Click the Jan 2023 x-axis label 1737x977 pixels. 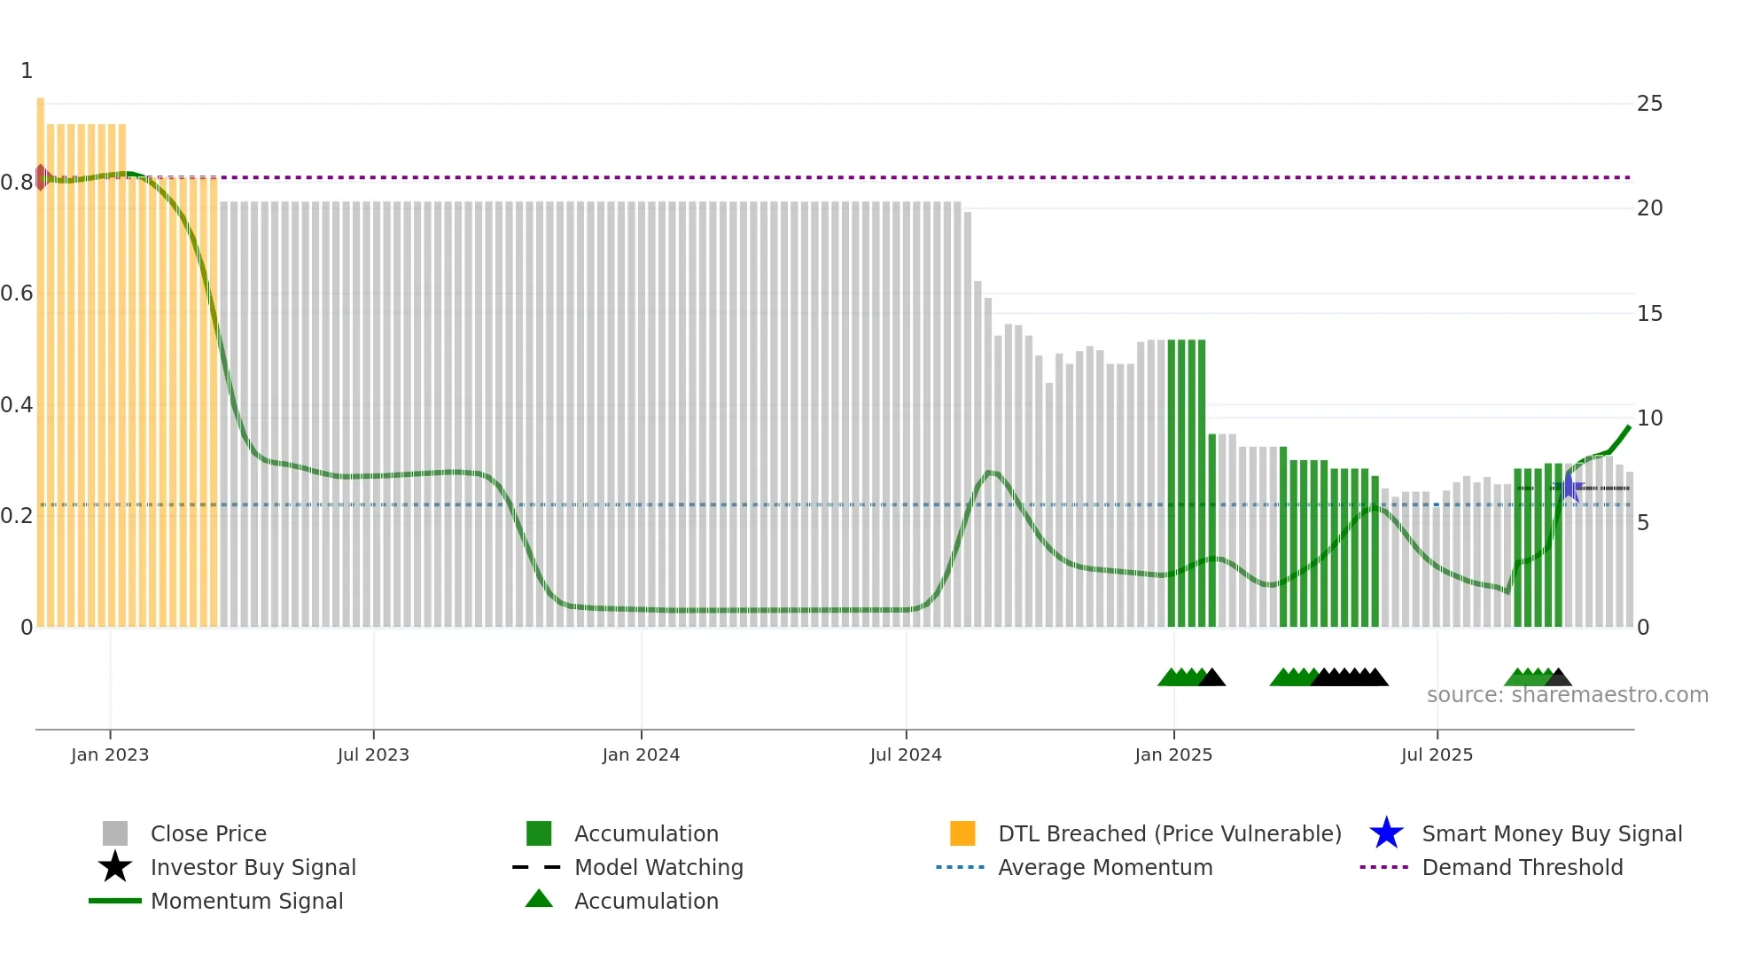(x=110, y=754)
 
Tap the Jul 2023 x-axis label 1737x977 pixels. (x=373, y=754)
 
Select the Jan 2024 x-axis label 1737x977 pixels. (x=641, y=754)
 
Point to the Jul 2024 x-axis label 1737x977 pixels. (x=906, y=754)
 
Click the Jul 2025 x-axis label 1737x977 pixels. (x=1437, y=754)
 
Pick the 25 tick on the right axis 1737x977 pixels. (x=1649, y=104)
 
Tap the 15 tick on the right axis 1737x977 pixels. (x=1649, y=314)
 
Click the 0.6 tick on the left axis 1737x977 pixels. (x=17, y=293)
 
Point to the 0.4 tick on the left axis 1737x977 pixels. (x=17, y=405)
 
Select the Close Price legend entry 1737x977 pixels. (x=207, y=833)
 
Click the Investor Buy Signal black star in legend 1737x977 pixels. (x=115, y=867)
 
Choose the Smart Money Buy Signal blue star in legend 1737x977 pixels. (x=1386, y=833)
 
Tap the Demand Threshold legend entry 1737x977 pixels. (x=1522, y=867)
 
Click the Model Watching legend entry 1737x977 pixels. (x=658, y=867)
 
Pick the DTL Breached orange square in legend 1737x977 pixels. (x=962, y=833)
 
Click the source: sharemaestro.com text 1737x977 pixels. (x=1567, y=695)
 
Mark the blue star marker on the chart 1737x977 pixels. (x=1570, y=487)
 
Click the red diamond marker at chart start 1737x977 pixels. (x=41, y=177)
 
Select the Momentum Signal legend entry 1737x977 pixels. (x=246, y=901)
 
